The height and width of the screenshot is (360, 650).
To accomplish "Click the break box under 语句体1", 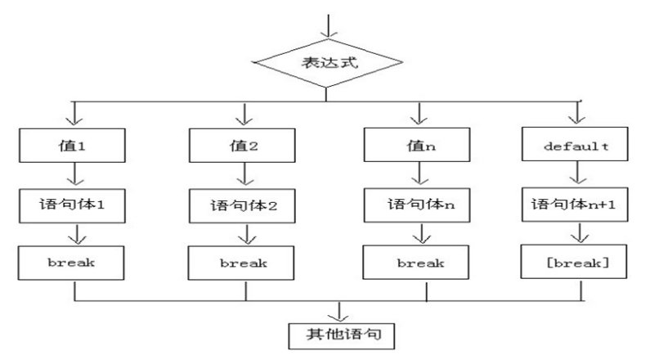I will click(74, 262).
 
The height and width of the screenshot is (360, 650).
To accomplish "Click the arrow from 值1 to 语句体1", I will click(74, 174).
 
